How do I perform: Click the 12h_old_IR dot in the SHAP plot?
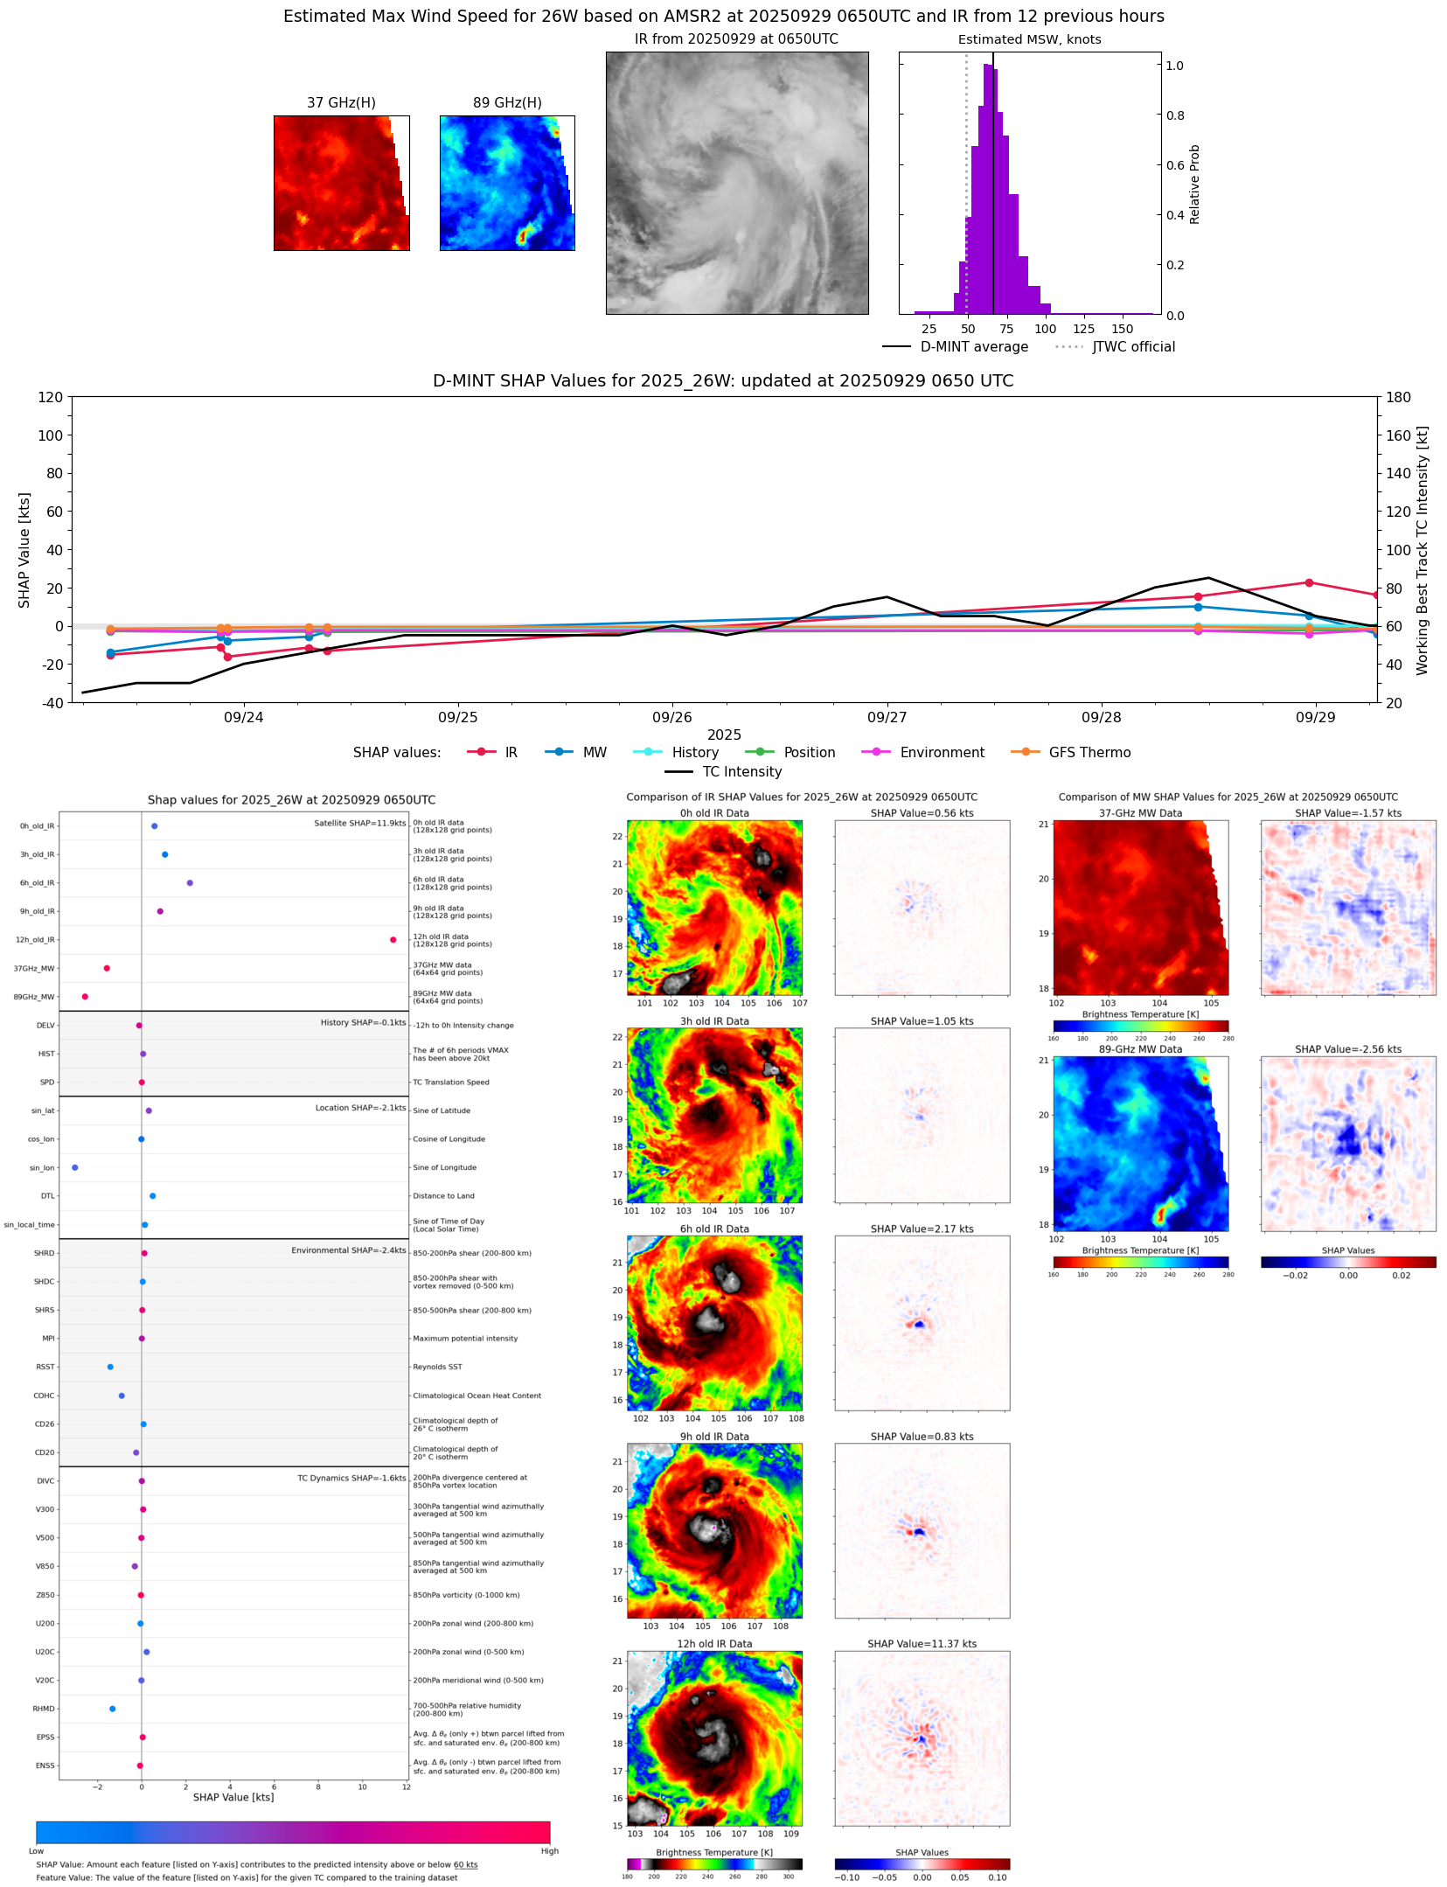393,940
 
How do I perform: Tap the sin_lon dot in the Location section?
75,1167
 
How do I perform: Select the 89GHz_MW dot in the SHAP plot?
85,997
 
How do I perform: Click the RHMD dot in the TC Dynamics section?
113,1709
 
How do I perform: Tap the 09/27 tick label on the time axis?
887,718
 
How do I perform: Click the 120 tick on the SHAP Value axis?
51,397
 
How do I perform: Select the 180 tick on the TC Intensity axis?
1398,397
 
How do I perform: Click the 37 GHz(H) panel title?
341,103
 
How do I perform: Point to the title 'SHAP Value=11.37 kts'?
922,1644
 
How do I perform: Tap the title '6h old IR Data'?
714,1229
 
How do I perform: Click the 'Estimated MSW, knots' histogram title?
1029,39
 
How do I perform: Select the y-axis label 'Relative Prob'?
1194,185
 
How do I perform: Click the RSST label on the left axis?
45,1367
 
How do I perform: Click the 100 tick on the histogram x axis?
1045,330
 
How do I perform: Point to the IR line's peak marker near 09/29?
1309,582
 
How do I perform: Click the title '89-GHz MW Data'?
1140,1049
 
